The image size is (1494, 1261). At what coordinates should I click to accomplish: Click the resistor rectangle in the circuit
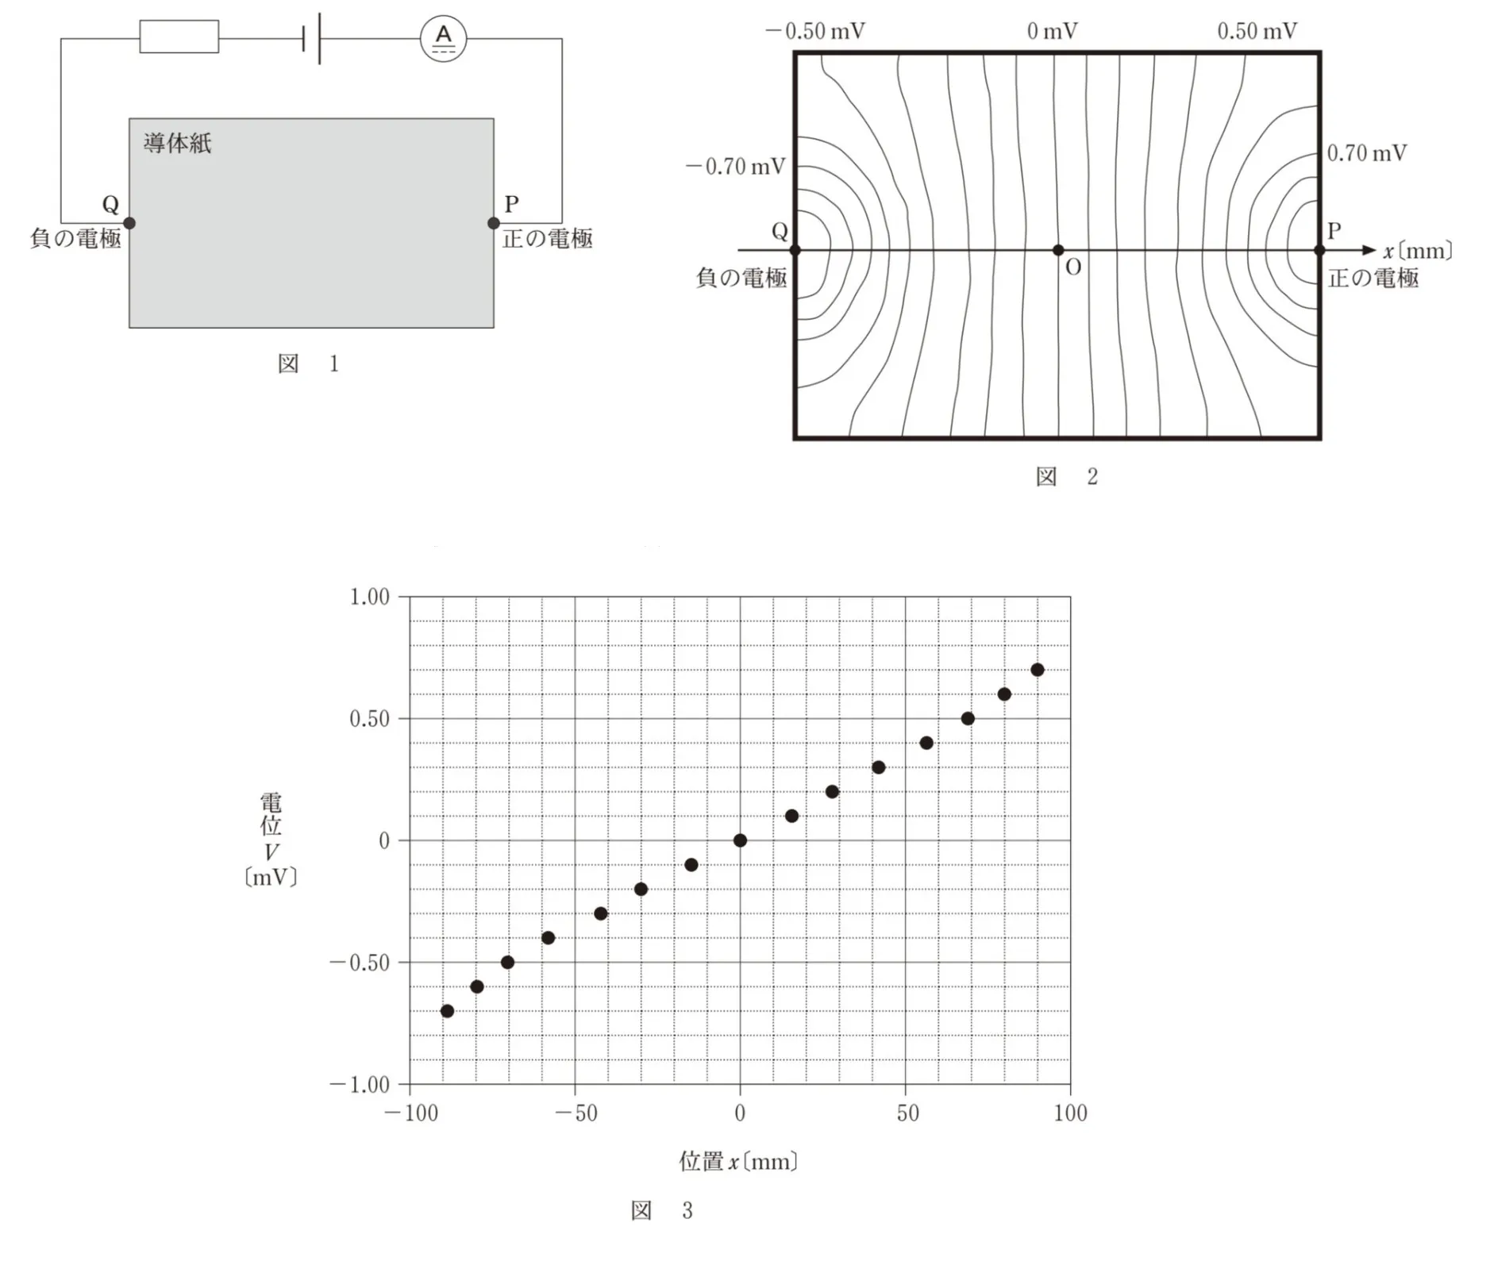(179, 37)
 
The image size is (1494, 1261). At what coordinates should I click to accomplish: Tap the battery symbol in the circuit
(312, 38)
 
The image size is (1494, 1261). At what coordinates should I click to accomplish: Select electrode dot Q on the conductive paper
(129, 223)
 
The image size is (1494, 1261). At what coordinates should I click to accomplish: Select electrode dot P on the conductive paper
(494, 223)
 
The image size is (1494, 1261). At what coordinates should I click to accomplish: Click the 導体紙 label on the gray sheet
(178, 143)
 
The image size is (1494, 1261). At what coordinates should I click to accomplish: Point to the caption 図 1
(309, 363)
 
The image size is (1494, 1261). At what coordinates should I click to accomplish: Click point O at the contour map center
(1057, 250)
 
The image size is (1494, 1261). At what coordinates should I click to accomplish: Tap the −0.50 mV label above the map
(815, 31)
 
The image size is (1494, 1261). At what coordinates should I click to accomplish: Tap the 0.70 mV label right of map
(1367, 152)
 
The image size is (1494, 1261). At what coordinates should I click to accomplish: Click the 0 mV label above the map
(1052, 31)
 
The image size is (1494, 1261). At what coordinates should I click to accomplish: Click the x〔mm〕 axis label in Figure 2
(1418, 251)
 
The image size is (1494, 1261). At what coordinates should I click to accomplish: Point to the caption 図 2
(1067, 476)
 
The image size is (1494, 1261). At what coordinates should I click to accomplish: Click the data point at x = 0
(740, 840)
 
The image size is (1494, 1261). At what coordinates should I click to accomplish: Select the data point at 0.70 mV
(1037, 670)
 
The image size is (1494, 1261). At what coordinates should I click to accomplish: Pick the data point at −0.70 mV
(447, 1011)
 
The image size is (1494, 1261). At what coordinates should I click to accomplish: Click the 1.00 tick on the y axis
(370, 597)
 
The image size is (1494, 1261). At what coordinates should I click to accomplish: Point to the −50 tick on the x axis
(576, 1113)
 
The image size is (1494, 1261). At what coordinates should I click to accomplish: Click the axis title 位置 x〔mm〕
(738, 1162)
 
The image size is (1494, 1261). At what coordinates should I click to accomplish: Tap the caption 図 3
(662, 1210)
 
